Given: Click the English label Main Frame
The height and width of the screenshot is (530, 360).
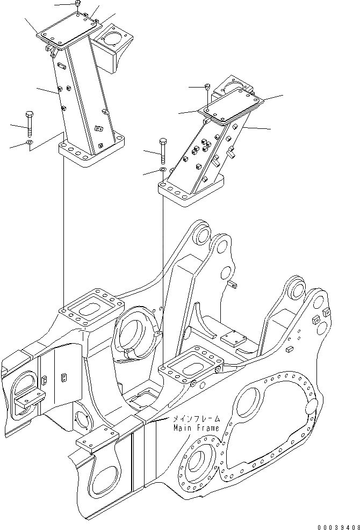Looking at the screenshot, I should pyautogui.click(x=196, y=428).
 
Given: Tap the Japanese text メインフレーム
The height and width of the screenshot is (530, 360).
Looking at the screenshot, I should pyautogui.click(x=195, y=419).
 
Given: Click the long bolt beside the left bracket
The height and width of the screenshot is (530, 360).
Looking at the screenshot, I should pyautogui.click(x=29, y=124).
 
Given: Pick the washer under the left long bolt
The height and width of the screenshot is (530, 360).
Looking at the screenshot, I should pyautogui.click(x=29, y=142).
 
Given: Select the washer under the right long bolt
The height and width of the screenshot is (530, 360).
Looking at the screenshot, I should pyautogui.click(x=162, y=170).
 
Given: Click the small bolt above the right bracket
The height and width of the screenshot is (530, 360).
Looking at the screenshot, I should pyautogui.click(x=207, y=87).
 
